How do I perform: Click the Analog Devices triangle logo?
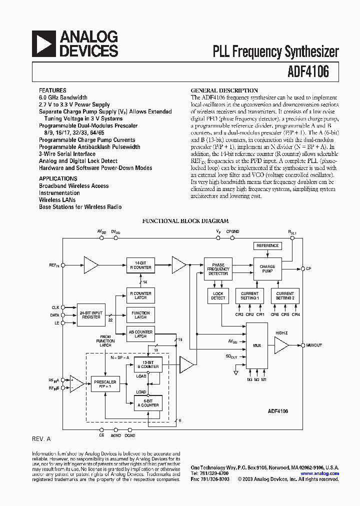[x=44, y=43]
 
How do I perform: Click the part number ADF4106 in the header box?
[x=308, y=72]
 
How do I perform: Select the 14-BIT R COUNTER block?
[x=140, y=265]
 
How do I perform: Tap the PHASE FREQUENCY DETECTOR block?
[x=218, y=269]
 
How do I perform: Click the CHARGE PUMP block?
[x=267, y=269]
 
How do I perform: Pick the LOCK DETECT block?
[x=218, y=296]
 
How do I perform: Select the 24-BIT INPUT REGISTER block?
[x=90, y=315]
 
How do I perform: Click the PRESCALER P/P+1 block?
[x=104, y=384]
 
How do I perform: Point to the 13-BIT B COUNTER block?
[x=149, y=364]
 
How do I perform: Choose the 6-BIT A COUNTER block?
[x=149, y=403]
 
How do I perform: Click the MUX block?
[x=257, y=345]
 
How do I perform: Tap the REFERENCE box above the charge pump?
[x=267, y=245]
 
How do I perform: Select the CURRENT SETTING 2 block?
[x=285, y=296]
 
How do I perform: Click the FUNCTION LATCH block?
[x=140, y=315]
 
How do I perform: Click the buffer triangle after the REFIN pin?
[x=91, y=265]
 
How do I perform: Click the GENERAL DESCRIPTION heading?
[x=224, y=90]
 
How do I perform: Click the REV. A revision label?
[x=41, y=438]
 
